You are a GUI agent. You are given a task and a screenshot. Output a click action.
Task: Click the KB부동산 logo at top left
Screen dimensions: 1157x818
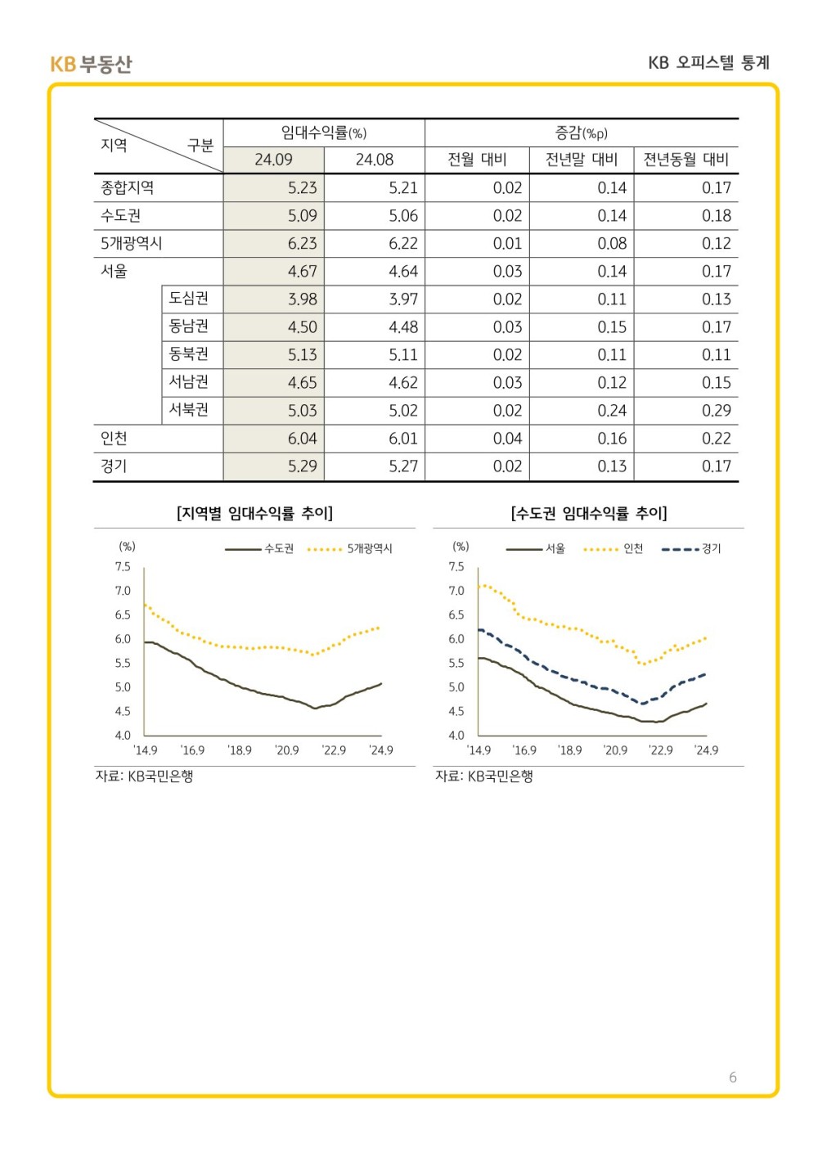tap(91, 64)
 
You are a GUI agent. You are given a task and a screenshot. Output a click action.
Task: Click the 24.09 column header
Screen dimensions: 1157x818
tap(273, 160)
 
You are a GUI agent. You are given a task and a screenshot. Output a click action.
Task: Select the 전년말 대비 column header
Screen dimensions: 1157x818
tap(582, 160)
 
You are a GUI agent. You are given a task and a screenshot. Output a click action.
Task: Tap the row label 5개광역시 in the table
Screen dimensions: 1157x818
tap(132, 243)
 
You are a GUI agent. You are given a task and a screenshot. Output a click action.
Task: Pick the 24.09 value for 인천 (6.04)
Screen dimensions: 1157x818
tap(302, 439)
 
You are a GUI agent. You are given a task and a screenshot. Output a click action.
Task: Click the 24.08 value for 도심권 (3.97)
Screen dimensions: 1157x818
tap(403, 299)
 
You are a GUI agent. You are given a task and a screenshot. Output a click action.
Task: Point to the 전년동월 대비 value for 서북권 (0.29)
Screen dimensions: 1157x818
tap(716, 411)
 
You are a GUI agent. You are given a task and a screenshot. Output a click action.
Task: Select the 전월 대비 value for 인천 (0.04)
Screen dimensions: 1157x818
tap(507, 439)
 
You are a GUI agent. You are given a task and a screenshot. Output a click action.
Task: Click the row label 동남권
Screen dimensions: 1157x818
tap(189, 326)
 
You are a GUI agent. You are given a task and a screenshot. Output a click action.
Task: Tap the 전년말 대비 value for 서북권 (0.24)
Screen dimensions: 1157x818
tap(612, 411)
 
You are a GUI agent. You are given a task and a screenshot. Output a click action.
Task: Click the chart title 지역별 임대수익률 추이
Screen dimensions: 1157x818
tap(254, 513)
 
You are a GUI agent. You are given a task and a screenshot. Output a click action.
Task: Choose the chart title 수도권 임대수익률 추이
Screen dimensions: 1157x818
tap(589, 513)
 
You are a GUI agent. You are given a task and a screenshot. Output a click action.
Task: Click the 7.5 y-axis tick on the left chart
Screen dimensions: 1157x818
tap(123, 566)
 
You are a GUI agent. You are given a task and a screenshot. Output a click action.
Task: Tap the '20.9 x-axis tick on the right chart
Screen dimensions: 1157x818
tap(615, 750)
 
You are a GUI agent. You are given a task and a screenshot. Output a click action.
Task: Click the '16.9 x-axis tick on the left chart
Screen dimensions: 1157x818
tap(192, 750)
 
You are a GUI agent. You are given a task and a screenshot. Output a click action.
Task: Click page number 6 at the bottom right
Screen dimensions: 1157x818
tap(733, 1077)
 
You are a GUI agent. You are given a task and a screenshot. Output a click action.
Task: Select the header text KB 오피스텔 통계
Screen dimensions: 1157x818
tap(708, 63)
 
